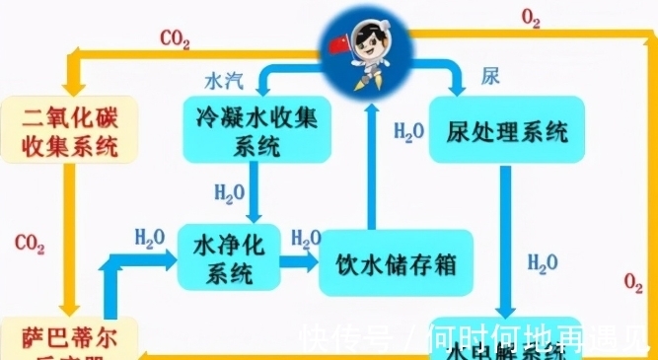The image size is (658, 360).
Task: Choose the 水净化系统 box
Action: coord(228,255)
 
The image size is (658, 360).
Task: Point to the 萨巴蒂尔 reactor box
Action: coord(69,340)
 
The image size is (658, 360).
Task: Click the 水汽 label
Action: coord(221,77)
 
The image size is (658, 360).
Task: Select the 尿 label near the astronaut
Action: coord(489,76)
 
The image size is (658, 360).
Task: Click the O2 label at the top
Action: coord(531,17)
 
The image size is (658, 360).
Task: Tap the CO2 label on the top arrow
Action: coord(175,40)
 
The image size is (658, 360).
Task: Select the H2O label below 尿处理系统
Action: coord(542,262)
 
